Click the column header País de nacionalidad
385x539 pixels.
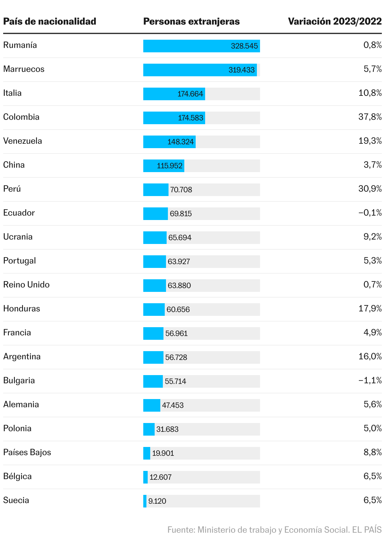[x=50, y=21]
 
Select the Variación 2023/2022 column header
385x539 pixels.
[x=335, y=21]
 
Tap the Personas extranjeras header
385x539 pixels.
[x=191, y=21]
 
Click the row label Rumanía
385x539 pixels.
[x=20, y=45]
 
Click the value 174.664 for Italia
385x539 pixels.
[x=190, y=94]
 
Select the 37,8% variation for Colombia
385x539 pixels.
[x=370, y=117]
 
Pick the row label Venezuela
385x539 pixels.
[x=22, y=141]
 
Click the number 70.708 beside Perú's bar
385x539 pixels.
[x=181, y=190]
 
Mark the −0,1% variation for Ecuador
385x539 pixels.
[x=370, y=213]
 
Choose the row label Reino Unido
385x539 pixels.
[x=26, y=285]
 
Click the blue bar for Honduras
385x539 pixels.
[x=154, y=310]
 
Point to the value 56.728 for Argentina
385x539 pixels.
[x=176, y=357]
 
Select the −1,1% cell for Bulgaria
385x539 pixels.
[x=370, y=380]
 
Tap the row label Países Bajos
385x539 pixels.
[x=27, y=452]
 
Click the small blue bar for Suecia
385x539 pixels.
[x=145, y=501]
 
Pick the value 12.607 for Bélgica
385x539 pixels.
[x=160, y=477]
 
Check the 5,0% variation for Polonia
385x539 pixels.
[x=372, y=428]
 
